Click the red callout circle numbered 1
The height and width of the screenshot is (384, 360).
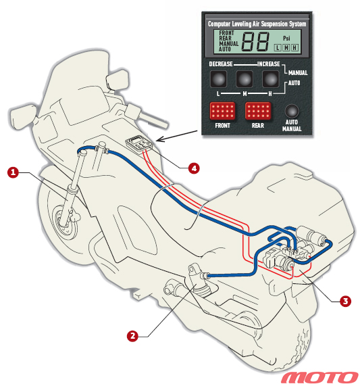coord(13,172)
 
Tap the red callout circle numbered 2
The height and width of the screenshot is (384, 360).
coord(132,335)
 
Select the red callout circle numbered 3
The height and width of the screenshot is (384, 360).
coord(345,301)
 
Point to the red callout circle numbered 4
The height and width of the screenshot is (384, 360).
coord(194,168)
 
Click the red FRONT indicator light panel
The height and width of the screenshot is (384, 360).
coord(222,111)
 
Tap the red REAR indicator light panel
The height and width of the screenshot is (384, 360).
coord(258,111)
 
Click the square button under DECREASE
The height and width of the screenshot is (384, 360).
coord(218,79)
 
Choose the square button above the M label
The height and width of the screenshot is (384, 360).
coord(245,79)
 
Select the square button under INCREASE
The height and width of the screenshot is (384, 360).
coord(271,79)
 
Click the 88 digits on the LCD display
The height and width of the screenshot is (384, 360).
coord(255,42)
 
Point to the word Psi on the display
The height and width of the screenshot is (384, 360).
coord(286,39)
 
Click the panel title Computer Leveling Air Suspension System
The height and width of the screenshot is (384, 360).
coord(257,24)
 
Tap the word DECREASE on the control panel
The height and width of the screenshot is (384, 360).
coord(221,64)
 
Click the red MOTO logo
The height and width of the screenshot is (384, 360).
coord(320,377)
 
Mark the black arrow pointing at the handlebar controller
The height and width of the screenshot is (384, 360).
coord(177,136)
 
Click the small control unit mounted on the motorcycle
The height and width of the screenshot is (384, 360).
coord(139,145)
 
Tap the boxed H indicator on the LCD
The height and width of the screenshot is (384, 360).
coord(295,47)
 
